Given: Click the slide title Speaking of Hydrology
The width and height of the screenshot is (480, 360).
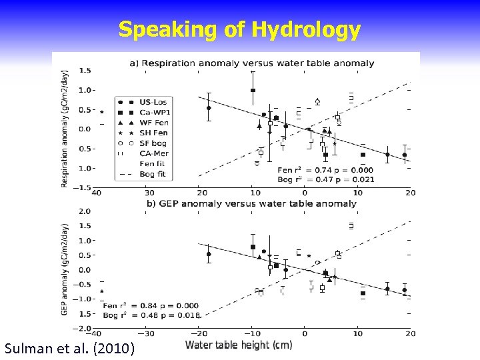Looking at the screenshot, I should click(239, 30).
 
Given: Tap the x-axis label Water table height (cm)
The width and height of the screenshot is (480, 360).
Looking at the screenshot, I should click(238, 345).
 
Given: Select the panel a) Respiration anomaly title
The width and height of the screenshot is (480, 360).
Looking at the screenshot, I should click(251, 63).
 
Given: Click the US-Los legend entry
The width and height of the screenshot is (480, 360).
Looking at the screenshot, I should click(153, 102).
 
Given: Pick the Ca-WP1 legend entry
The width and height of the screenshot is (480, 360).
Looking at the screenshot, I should click(155, 113).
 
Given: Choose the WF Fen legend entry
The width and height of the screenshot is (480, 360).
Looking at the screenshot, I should click(153, 123).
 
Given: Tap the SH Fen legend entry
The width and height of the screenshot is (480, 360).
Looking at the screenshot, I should click(153, 133).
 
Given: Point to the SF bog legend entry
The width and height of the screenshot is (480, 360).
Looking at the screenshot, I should click(153, 143).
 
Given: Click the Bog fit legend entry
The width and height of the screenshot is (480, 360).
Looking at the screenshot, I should click(152, 174).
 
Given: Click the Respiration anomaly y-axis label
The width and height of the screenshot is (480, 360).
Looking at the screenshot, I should click(65, 128).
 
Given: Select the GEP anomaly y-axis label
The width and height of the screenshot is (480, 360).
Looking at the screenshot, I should click(65, 269).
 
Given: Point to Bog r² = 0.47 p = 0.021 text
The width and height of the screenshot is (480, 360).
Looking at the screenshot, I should click(325, 179).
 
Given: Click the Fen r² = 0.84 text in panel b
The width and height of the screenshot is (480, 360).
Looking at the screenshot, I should click(151, 305).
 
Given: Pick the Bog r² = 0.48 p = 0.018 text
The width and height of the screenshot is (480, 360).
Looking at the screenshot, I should click(151, 314).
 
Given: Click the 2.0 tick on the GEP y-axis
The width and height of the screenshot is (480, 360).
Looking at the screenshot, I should click(85, 211).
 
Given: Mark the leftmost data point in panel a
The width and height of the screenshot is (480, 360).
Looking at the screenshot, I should click(102, 112).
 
